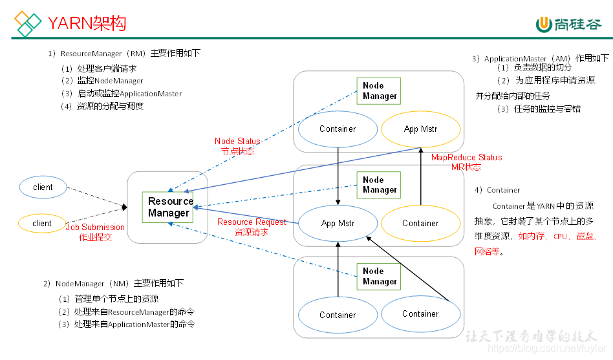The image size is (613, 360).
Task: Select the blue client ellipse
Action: click(x=43, y=187)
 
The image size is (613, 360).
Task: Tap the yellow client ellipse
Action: click(x=42, y=224)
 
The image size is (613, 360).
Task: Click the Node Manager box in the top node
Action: click(x=379, y=91)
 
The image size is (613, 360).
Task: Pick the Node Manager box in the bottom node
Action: click(x=379, y=277)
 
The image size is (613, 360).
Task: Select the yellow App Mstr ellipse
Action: click(x=420, y=129)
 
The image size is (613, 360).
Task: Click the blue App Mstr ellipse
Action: click(x=338, y=224)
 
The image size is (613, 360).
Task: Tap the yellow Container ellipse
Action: click(x=420, y=223)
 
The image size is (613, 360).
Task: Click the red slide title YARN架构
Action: click(x=87, y=24)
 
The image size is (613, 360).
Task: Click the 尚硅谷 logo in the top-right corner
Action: click(x=569, y=24)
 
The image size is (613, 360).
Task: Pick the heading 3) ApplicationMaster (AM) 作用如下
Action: click(x=540, y=58)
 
